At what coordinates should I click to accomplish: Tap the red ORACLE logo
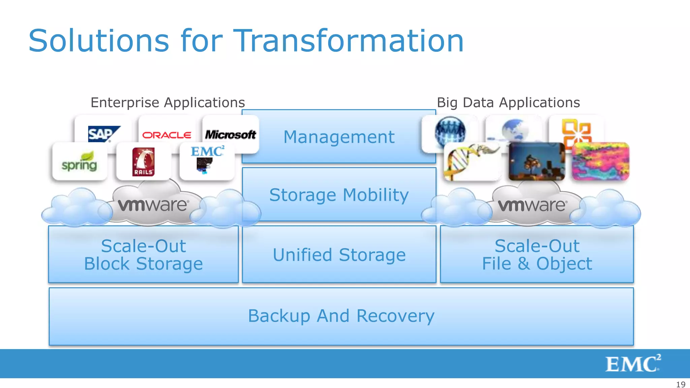167,135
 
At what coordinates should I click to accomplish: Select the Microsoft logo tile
231,135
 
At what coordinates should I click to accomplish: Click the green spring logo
80,162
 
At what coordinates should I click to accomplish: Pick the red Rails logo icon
144,162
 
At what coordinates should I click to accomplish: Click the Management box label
339,137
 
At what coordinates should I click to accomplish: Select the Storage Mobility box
339,195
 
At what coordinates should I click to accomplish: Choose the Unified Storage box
339,255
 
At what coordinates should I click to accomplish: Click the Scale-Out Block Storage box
144,255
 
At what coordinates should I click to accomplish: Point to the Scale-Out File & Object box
537,255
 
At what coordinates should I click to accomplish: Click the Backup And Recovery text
341,316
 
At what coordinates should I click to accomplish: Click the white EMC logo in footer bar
632,363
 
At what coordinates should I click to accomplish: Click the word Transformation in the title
348,41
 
